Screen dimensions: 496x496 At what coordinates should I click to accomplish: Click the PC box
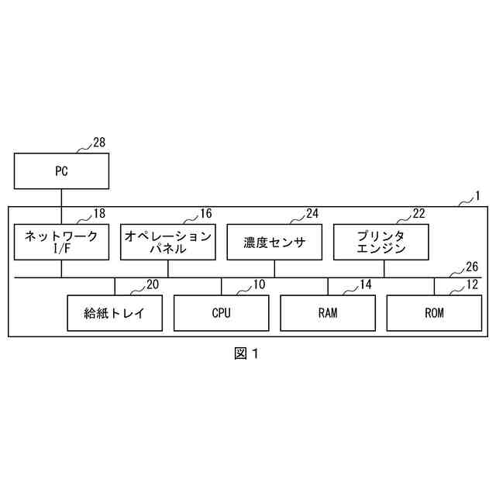61,171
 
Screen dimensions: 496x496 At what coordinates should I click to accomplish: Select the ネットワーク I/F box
61,242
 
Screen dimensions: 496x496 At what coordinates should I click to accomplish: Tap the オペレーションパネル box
167,242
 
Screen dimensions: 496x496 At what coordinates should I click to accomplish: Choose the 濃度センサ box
274,242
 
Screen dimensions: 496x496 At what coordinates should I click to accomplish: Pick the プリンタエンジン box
381,242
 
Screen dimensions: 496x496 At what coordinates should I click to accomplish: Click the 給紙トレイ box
115,313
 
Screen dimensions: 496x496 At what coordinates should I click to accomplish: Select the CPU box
221,313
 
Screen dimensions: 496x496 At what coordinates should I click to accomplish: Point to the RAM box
327,313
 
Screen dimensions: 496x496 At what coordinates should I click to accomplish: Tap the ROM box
434,313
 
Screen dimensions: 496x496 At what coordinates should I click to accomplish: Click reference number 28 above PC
99,142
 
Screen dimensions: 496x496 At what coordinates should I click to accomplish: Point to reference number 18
99,213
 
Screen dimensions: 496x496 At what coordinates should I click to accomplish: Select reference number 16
205,213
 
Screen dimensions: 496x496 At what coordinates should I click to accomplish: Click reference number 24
312,213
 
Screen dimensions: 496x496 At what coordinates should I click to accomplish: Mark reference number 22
418,213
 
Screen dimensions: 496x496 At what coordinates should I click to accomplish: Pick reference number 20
152,284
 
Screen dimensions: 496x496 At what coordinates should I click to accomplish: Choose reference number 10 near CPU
258,284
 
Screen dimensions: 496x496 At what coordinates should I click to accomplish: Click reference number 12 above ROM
472,284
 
